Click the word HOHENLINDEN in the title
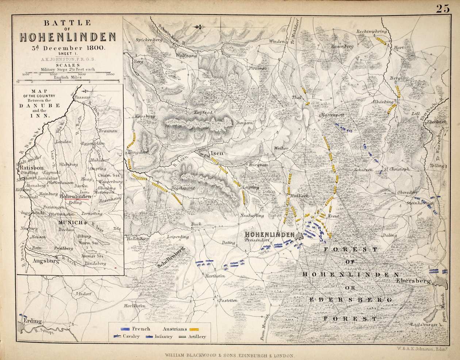pos(68,37)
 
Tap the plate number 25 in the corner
pos(442,9)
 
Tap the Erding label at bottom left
pos(32,321)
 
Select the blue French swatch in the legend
pos(126,329)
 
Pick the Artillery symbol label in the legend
pos(197,337)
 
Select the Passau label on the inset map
pos(81,97)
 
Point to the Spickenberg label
pos(149,39)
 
